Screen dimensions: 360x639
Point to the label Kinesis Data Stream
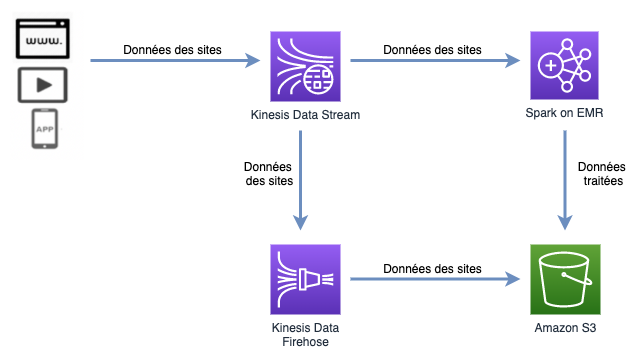tap(304, 115)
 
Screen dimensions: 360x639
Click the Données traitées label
tap(601, 174)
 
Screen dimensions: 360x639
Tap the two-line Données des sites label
tap(269, 174)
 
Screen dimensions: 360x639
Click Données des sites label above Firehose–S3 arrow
tap(432, 269)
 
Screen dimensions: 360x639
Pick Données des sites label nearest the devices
tap(172, 49)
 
